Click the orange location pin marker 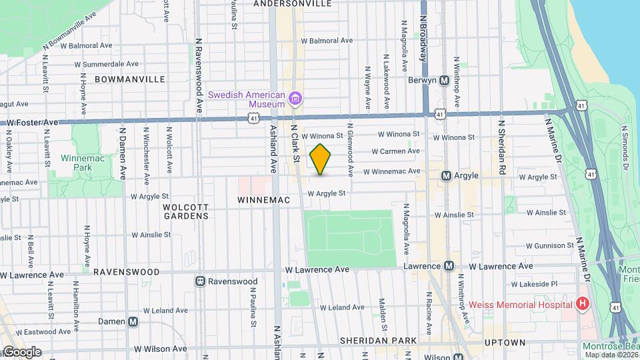[321, 159]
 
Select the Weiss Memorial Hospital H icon [583, 305]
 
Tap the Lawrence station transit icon [449, 266]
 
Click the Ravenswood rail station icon [199, 281]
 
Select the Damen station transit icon [133, 321]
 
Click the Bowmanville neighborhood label [130, 79]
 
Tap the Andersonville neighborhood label [293, 3]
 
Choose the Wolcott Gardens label [186, 211]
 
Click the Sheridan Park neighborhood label [378, 341]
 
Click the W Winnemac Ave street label [391, 171]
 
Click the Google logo [21, 352]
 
